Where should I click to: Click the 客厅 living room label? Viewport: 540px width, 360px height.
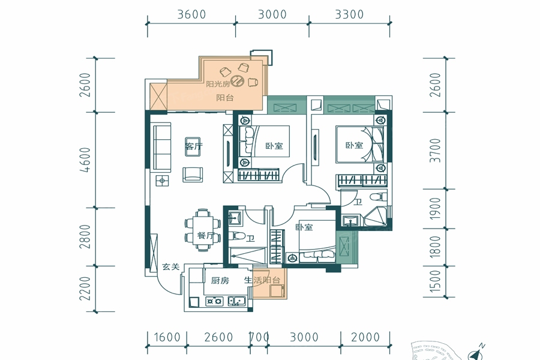click(194, 146)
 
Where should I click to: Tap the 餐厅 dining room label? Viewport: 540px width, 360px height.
click(206, 236)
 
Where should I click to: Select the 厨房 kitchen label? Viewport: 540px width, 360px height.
click(220, 280)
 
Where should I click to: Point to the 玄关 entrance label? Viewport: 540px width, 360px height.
click(171, 266)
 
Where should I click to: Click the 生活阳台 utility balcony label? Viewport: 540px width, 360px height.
click(262, 280)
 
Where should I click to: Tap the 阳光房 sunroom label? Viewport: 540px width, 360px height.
click(218, 84)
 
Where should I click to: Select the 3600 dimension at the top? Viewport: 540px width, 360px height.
click(191, 14)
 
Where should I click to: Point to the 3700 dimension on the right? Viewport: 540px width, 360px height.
click(436, 150)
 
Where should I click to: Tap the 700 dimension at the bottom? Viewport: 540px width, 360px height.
click(259, 337)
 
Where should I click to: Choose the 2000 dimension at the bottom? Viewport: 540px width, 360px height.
click(365, 337)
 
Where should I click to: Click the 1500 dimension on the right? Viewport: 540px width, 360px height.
click(436, 281)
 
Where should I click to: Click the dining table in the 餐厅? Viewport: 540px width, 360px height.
click(203, 230)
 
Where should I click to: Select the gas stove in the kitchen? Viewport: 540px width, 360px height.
click(214, 301)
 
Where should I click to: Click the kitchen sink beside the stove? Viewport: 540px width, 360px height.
click(236, 301)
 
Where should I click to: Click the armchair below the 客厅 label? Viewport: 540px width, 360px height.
click(193, 175)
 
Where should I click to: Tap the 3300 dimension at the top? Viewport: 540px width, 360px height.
click(349, 14)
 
